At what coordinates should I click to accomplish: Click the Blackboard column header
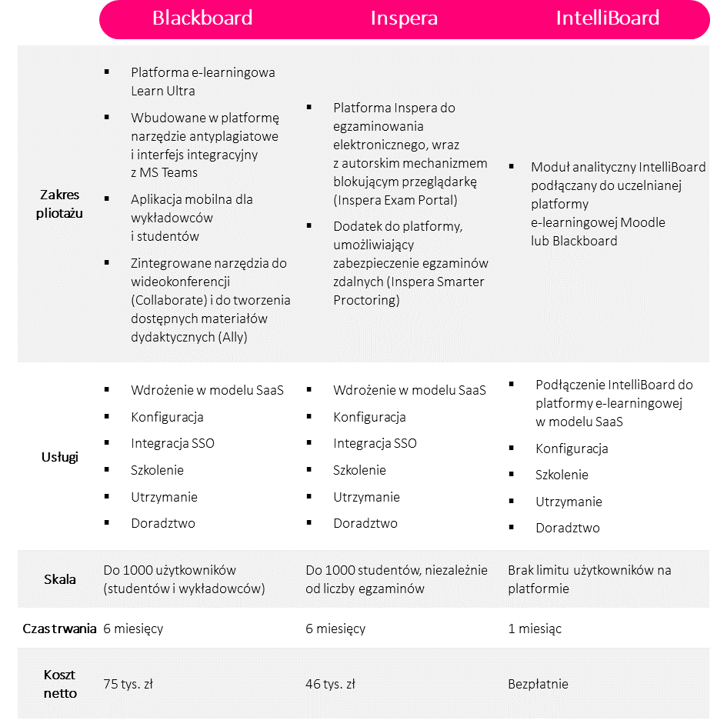point(202,18)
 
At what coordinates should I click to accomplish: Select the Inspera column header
point(404,18)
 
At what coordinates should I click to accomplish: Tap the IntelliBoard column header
point(607,18)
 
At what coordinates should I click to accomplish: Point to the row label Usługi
point(59,457)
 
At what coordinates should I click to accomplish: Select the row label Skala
point(59,579)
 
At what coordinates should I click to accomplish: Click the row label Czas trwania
point(59,629)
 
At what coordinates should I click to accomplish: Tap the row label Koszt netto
point(59,683)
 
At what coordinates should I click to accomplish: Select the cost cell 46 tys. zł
point(330,684)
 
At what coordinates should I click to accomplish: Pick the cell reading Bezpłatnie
point(538,684)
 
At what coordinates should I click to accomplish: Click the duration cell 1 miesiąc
point(535,629)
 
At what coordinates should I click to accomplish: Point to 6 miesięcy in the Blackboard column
point(133,629)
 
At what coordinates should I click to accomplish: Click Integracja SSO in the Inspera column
point(375,443)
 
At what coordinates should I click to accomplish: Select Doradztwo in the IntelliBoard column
point(568,528)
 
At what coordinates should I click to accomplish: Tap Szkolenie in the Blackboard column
point(157,470)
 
